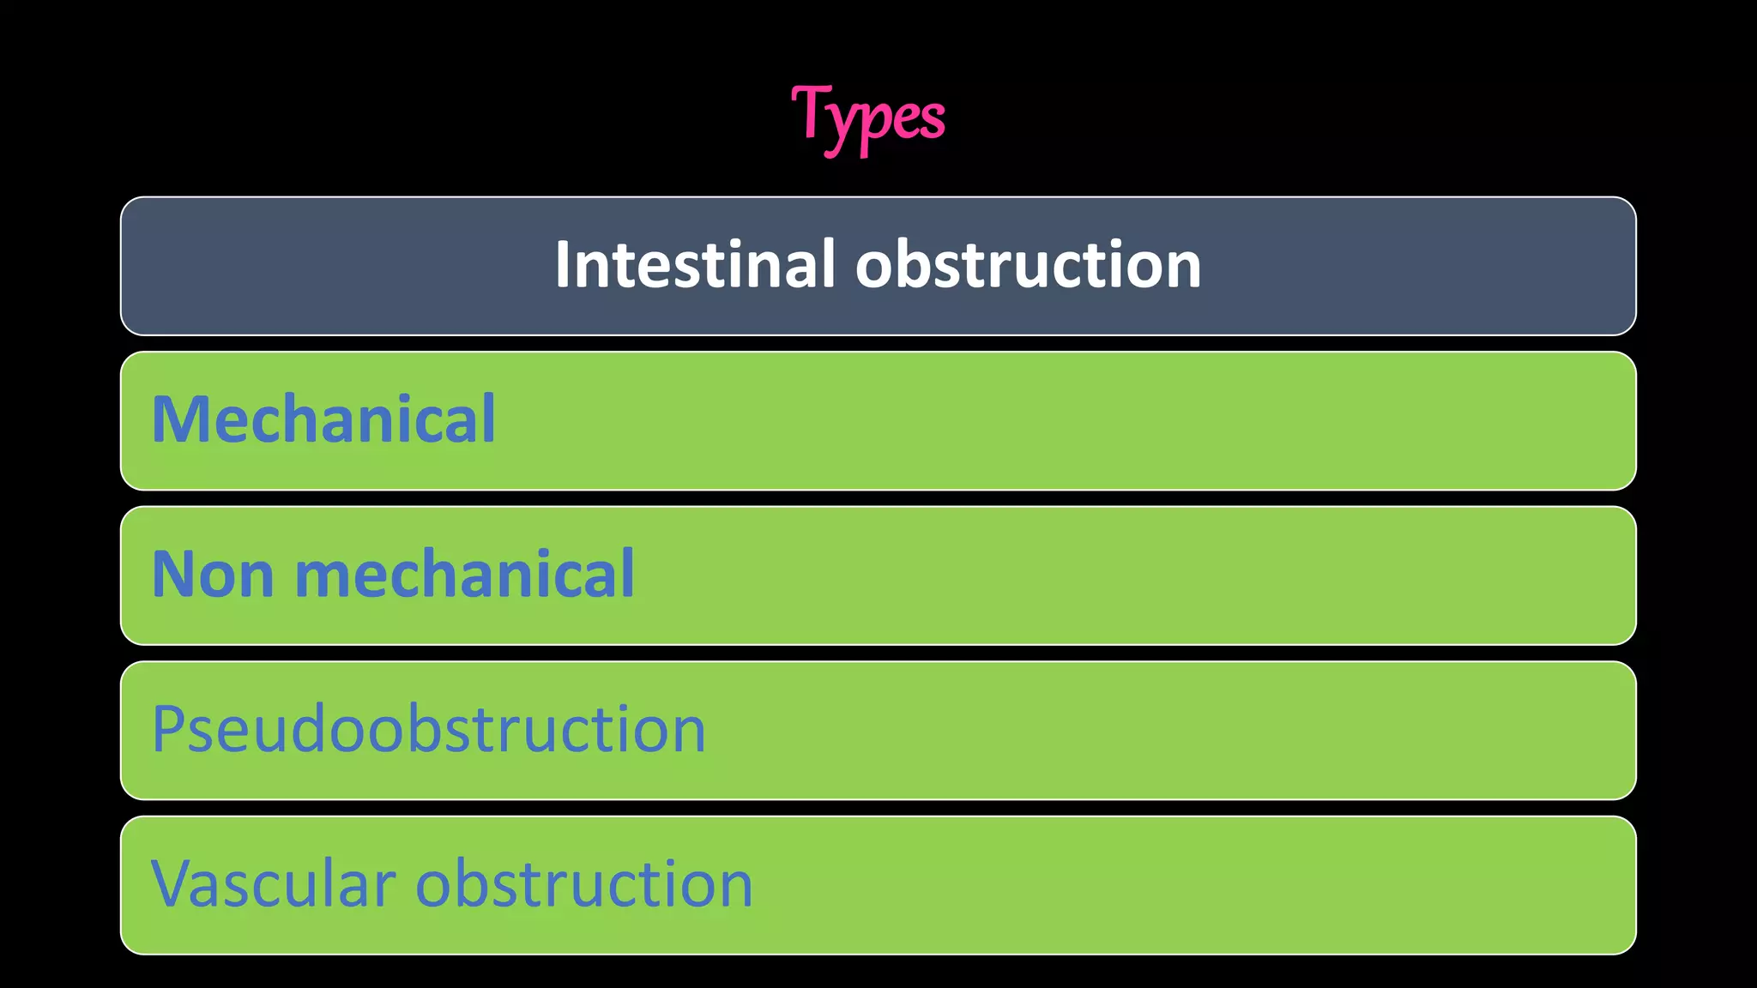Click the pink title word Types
[867, 117]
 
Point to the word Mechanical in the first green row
[323, 419]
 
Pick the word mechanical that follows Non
[464, 574]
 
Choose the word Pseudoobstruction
[428, 730]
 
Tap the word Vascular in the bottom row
[273, 884]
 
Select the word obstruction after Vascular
[584, 884]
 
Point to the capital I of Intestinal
[564, 264]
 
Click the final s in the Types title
[933, 119]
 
